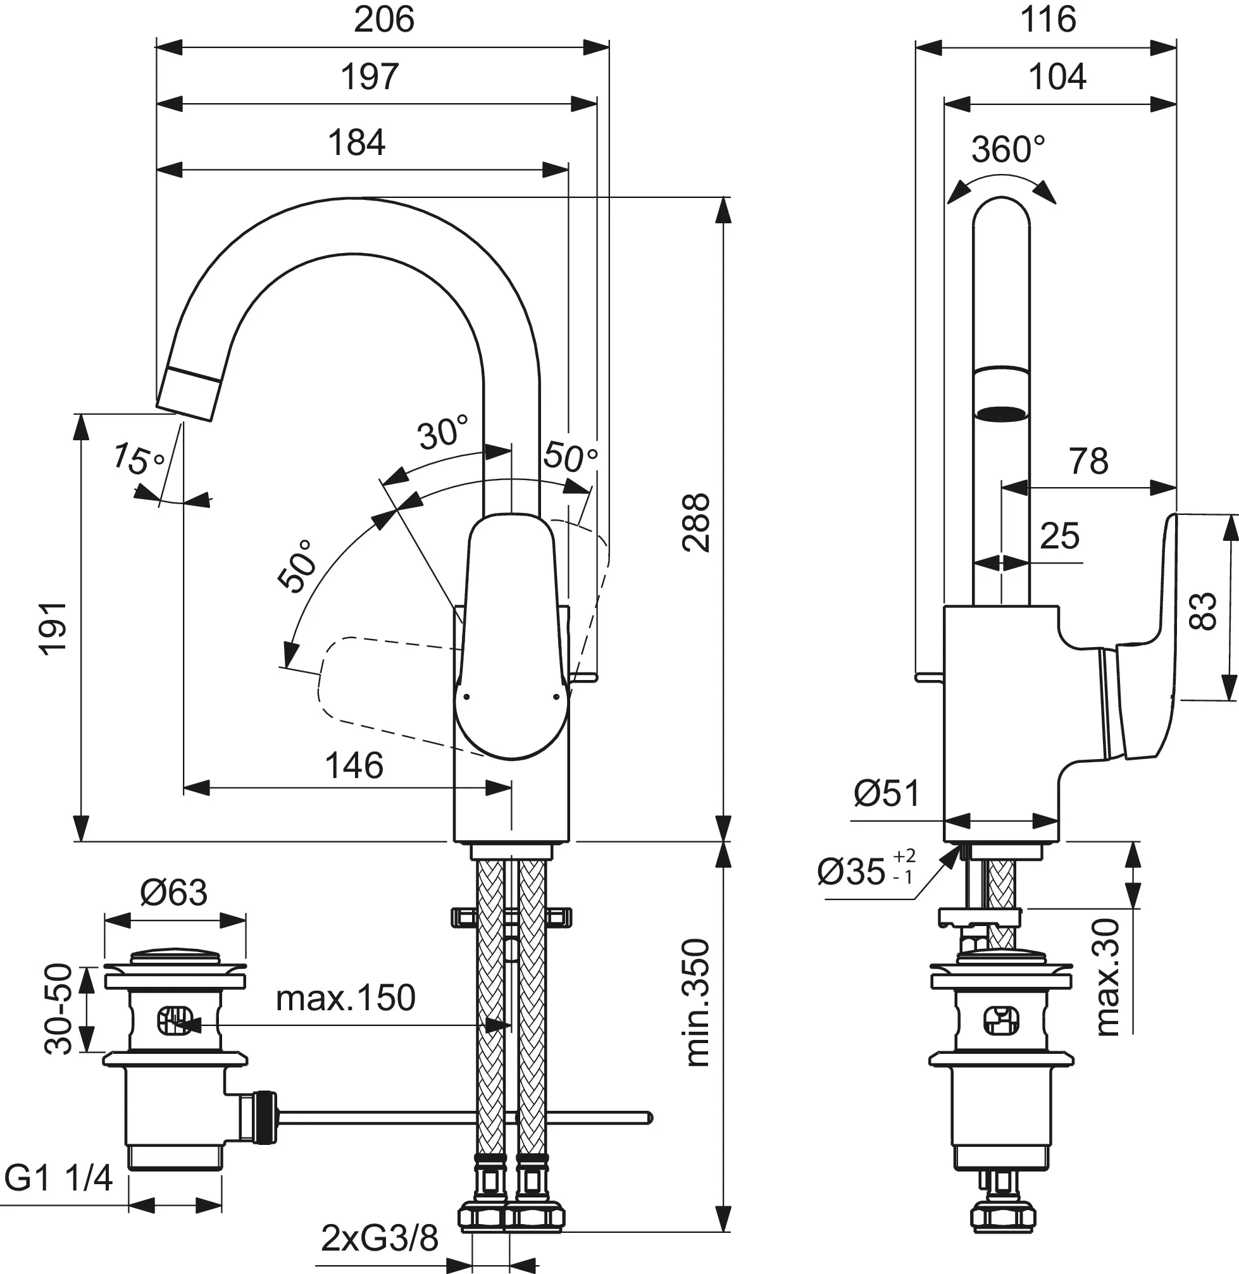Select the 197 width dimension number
[369, 77]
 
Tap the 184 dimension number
[356, 142]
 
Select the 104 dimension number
[1057, 77]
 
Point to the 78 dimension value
[1088, 461]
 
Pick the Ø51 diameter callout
[887, 793]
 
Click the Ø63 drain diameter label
[174, 893]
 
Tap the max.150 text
[346, 998]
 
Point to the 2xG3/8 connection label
[380, 1239]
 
